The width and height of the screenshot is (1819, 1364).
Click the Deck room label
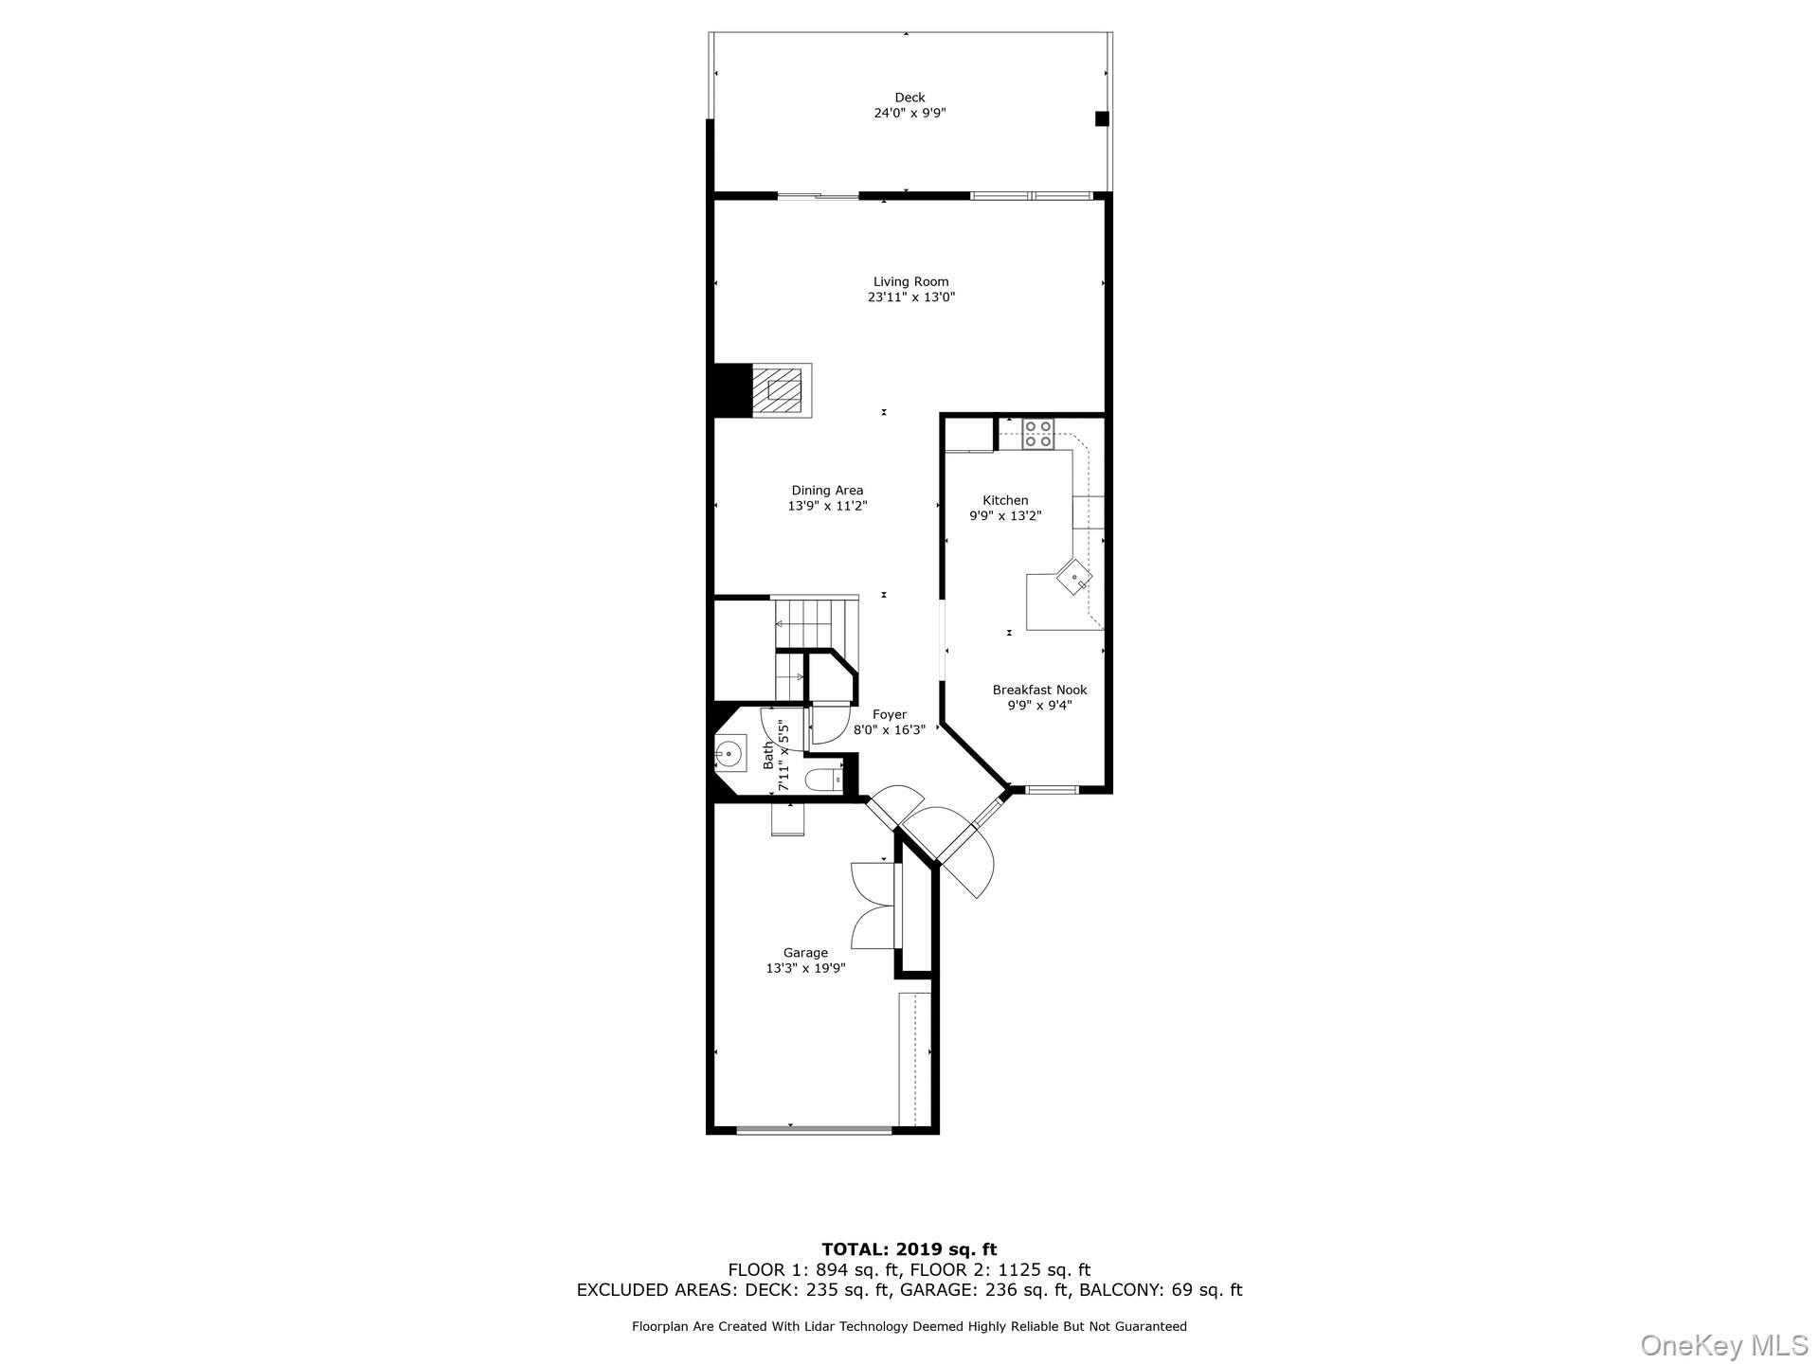(x=909, y=98)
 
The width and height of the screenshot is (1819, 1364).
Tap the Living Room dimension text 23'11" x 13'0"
(x=910, y=297)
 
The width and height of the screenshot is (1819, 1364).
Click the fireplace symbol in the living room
(x=782, y=390)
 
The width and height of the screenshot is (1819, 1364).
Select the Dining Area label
(x=827, y=491)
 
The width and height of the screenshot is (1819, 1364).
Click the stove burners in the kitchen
(x=1037, y=434)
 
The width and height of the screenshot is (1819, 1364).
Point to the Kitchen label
(x=1005, y=500)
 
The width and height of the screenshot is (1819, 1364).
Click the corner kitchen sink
(x=1074, y=577)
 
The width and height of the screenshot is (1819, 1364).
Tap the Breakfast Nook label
(x=1039, y=691)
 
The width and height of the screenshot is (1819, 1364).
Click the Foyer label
(x=890, y=715)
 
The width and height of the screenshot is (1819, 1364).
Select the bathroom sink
(x=730, y=755)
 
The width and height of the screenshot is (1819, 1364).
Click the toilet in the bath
(x=821, y=781)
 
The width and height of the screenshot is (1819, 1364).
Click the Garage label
(x=805, y=953)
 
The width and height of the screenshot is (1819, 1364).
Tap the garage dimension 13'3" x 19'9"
(x=805, y=968)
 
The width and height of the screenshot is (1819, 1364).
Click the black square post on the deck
(x=1102, y=118)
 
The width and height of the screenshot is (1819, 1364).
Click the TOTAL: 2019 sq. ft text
(x=909, y=1249)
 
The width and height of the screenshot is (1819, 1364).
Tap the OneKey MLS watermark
(x=1723, y=1344)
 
